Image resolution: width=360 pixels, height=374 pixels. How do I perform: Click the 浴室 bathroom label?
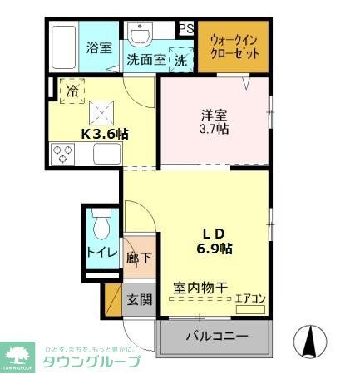[x=99, y=48]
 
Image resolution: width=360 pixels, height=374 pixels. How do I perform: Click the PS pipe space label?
[x=186, y=28]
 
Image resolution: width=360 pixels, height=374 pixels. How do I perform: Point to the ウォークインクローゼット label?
[x=234, y=46]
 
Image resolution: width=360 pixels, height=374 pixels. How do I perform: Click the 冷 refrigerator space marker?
[x=72, y=90]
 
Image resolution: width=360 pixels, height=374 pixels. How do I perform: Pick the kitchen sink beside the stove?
[x=107, y=154]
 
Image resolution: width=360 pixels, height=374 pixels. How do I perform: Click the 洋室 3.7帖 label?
[x=215, y=122]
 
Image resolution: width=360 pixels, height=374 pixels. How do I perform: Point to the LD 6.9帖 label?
[x=214, y=239]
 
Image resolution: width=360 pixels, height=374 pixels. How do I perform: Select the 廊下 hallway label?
[x=139, y=258]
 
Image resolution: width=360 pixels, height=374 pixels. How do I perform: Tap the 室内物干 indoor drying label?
[x=200, y=288]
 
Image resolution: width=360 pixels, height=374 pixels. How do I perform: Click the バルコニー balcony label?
[x=216, y=338]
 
